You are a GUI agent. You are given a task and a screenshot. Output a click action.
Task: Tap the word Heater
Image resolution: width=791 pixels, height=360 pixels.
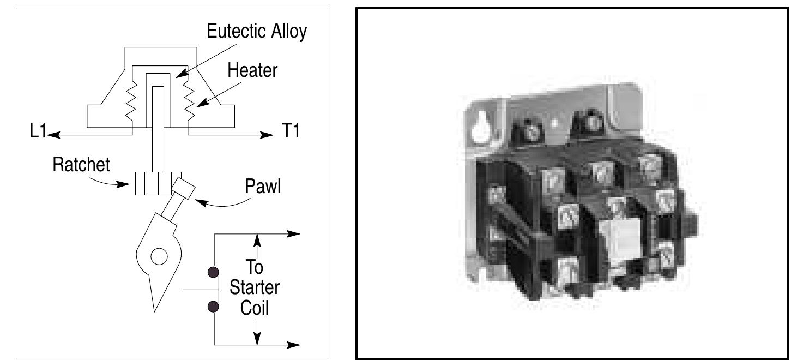tap(252, 70)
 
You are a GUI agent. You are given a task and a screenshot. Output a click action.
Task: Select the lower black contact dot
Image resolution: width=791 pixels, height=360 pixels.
tap(214, 307)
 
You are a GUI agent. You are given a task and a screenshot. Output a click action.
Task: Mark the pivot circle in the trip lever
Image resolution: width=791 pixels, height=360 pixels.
tap(159, 256)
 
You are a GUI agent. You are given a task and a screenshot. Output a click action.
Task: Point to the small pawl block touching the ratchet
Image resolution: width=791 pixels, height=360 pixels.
tap(183, 188)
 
